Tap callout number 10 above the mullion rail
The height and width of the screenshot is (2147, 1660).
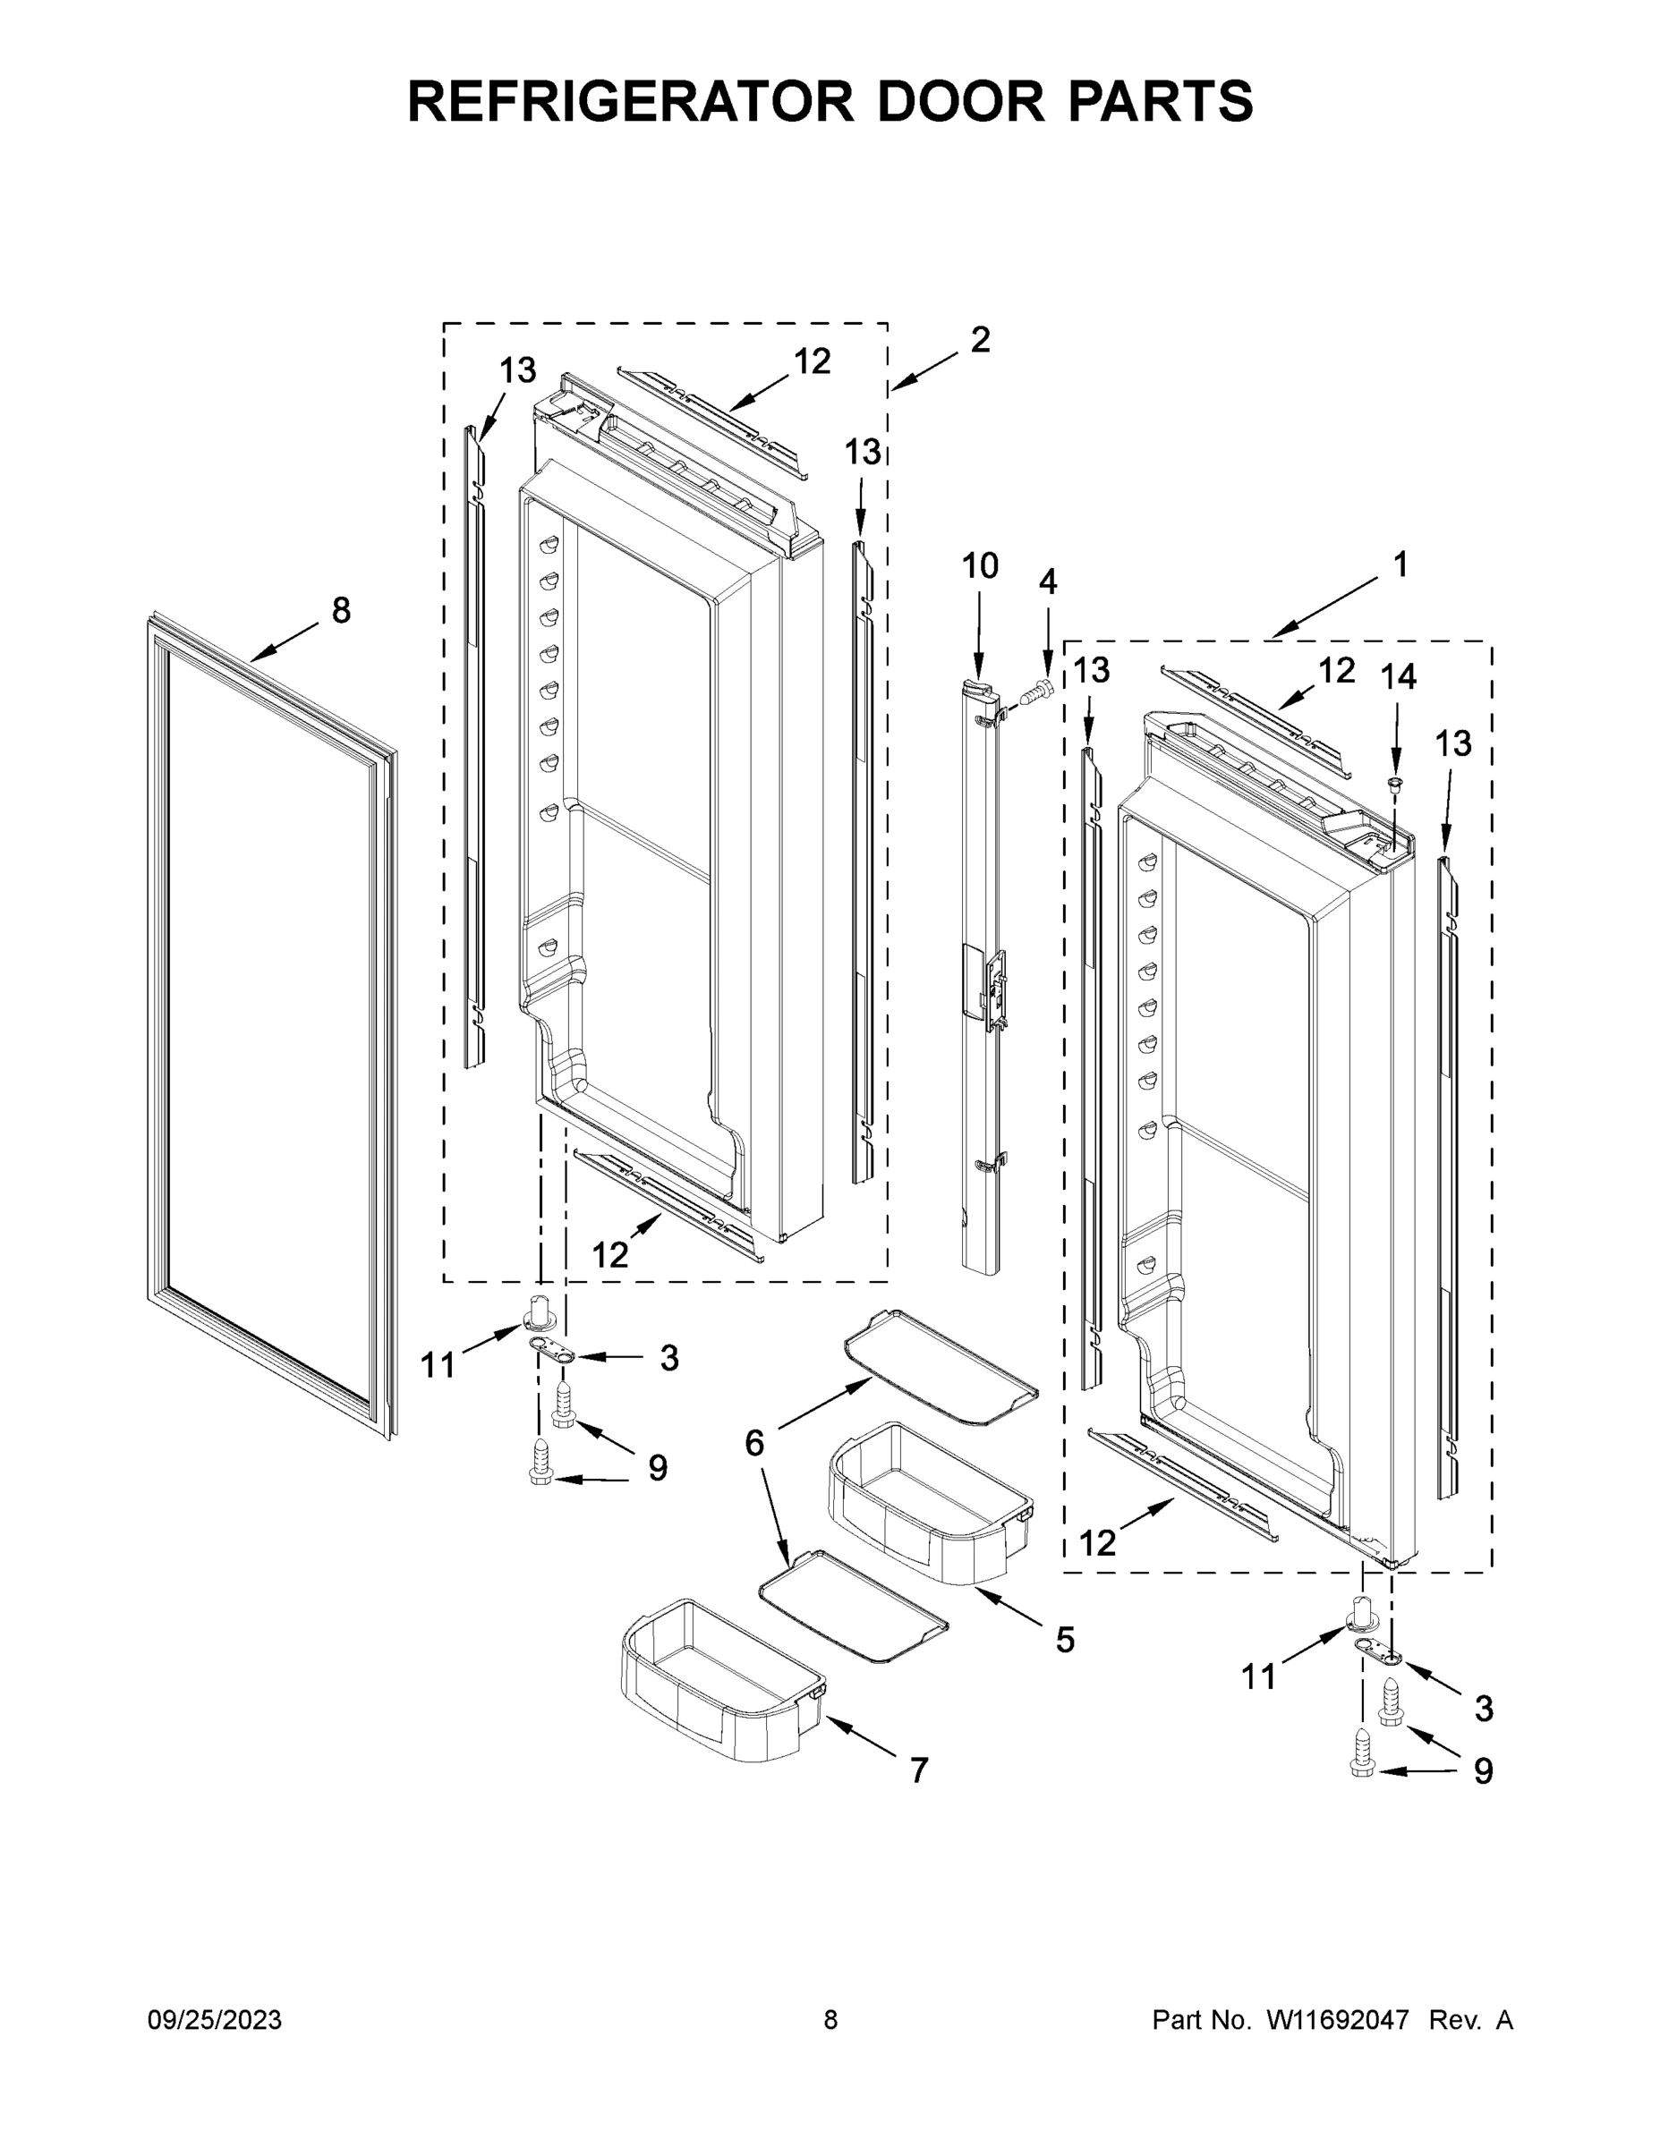[x=980, y=566]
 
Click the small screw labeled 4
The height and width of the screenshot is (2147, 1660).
[x=1034, y=693]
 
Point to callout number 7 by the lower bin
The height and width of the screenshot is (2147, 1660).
[x=918, y=1770]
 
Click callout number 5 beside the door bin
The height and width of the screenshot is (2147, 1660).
[x=1065, y=1639]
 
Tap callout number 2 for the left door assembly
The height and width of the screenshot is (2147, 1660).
[x=980, y=340]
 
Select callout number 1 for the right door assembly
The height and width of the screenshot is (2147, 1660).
[x=1400, y=564]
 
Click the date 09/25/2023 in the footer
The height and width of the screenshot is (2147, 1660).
[x=215, y=2020]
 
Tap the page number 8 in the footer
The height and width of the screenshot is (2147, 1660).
[x=830, y=2020]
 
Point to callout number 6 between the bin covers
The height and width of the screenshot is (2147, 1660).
[x=754, y=1443]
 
